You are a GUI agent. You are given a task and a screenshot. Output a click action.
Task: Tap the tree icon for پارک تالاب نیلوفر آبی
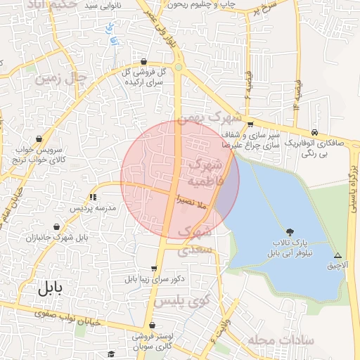(290, 231)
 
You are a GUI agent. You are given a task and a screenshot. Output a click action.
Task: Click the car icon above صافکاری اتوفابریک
(314, 131)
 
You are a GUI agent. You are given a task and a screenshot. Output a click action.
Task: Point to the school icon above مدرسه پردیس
(92, 198)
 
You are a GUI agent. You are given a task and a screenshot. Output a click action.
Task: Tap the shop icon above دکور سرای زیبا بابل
(154, 268)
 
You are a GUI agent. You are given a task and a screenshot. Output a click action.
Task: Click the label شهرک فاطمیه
(205, 173)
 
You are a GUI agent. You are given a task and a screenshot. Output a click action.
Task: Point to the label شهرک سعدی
(193, 240)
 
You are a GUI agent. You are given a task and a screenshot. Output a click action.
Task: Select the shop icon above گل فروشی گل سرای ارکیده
(144, 61)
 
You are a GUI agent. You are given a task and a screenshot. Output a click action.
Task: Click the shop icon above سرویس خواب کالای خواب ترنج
(39, 139)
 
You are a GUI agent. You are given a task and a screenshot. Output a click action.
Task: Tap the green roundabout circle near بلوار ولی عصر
(179, 67)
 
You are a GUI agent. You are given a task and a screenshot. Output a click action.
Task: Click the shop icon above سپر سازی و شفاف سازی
(250, 124)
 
